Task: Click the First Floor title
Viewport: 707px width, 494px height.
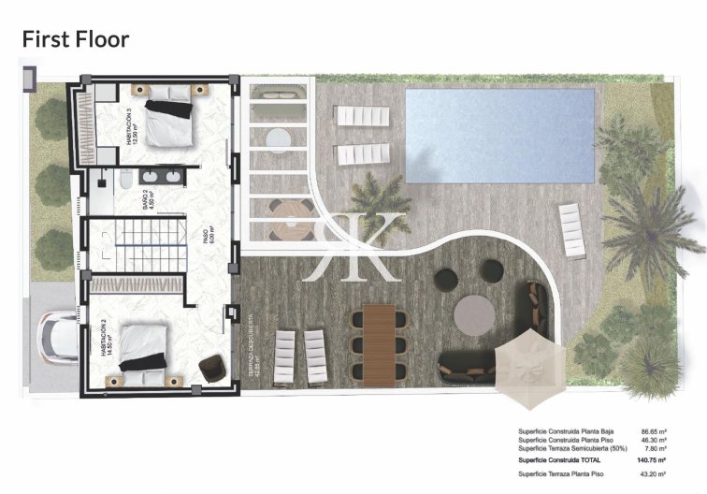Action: (75, 39)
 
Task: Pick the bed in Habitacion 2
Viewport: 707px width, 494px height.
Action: (145, 351)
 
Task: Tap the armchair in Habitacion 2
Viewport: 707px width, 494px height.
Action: (213, 366)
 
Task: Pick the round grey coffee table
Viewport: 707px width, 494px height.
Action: (476, 310)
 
